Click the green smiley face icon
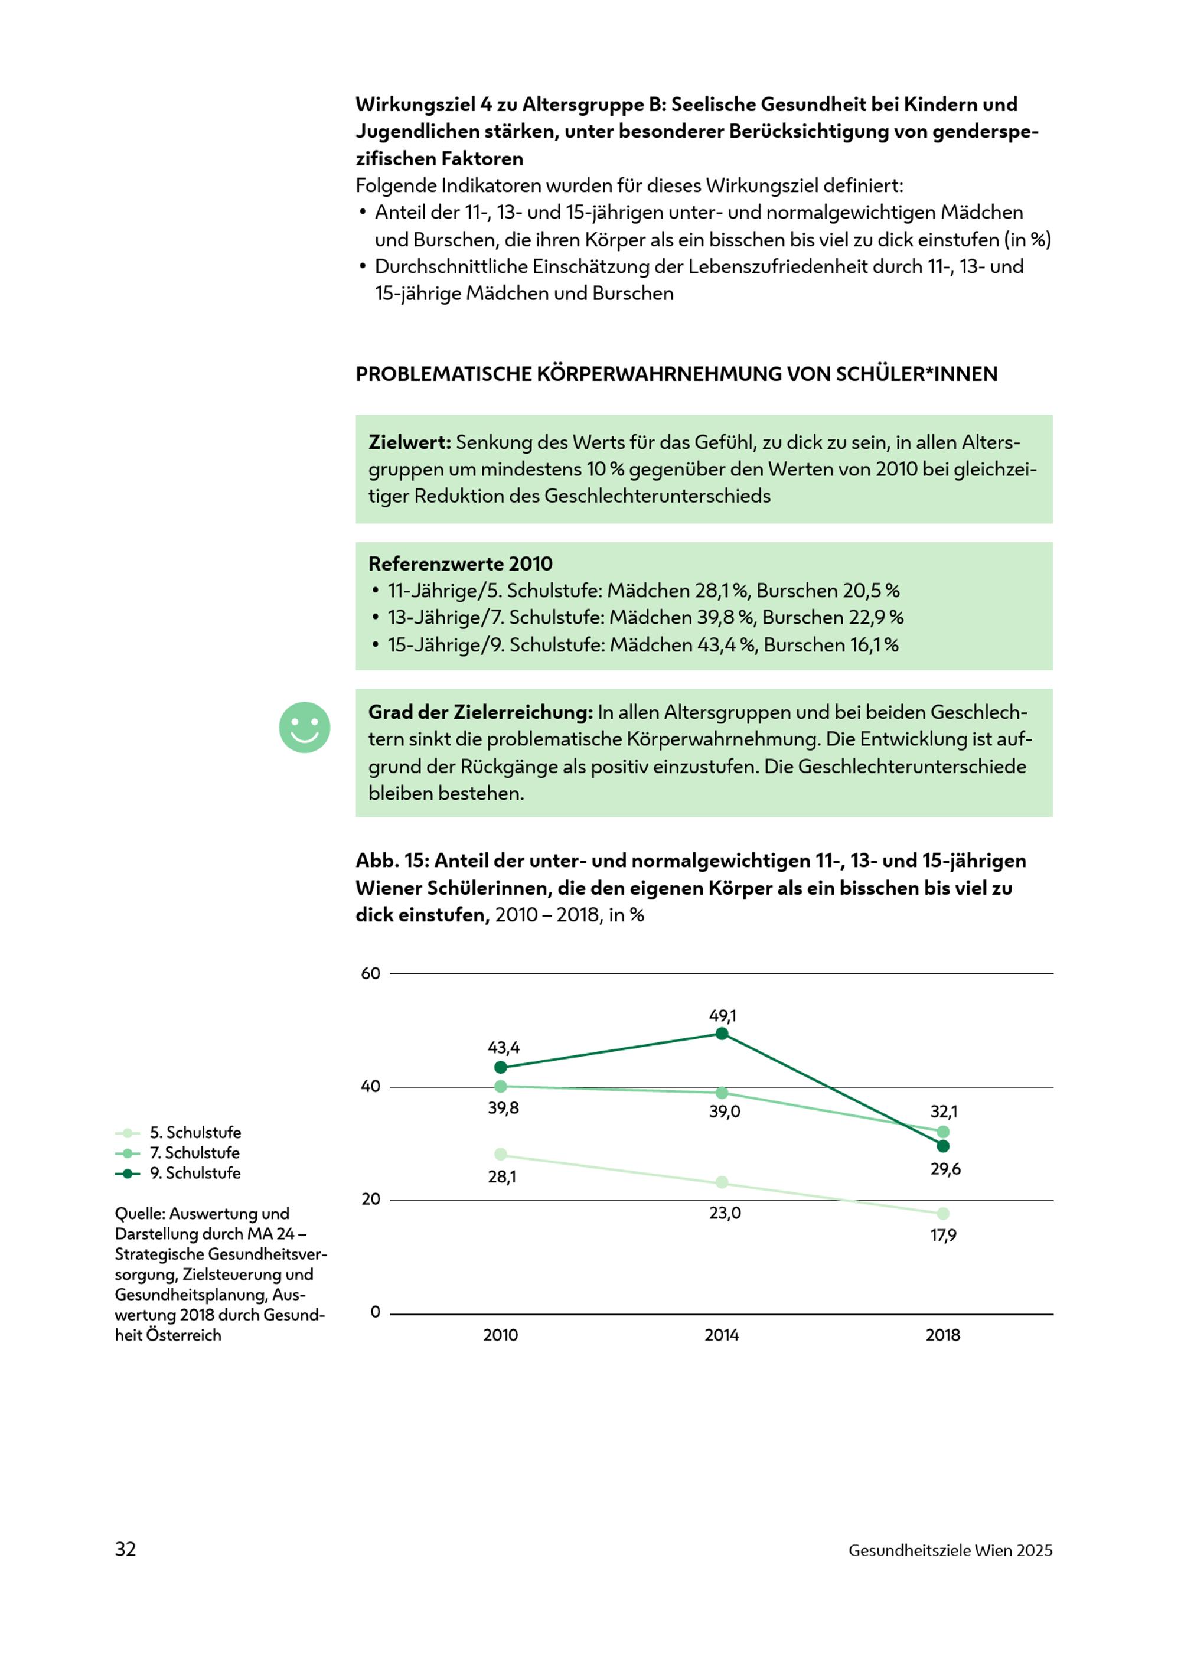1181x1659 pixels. tap(305, 727)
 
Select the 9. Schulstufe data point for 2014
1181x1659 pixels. tap(722, 1034)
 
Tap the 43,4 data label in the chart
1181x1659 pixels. tap(503, 1048)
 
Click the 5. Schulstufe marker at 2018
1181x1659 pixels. tap(943, 1213)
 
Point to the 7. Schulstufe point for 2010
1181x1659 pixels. tap(500, 1087)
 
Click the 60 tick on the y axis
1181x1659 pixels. tap(371, 974)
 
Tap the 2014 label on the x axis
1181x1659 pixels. tap(722, 1335)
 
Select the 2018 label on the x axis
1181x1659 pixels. tap(943, 1335)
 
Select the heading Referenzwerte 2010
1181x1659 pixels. tap(461, 563)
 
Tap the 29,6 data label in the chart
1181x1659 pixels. tap(945, 1169)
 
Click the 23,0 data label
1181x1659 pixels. tap(725, 1213)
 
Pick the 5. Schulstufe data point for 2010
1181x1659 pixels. tap(500, 1154)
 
